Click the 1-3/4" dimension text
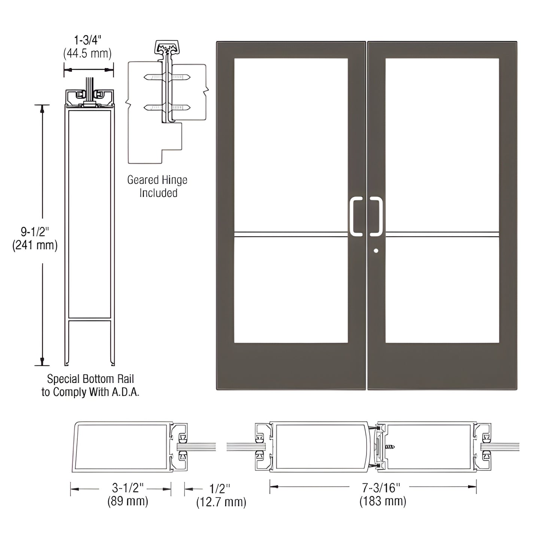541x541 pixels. pos(88,40)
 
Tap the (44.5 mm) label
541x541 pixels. pos(87,54)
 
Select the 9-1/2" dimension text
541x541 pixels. pos(35,232)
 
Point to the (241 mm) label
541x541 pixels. pos(35,246)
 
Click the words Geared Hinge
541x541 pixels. pos(157,180)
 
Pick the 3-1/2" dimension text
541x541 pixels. pos(128,487)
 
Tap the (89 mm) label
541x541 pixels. pos(128,501)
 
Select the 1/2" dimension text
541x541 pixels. pos(219,488)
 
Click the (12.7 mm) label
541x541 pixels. pos(221,502)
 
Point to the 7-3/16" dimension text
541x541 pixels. pos(381,487)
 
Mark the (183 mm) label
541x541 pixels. pos(383,501)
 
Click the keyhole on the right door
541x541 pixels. pos(376,251)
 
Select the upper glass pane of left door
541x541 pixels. pos(291,144)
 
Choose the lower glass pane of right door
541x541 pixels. pos(442,290)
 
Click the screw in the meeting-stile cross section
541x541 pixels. pos(390,447)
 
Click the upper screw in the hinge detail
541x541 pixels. pos(167,77)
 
